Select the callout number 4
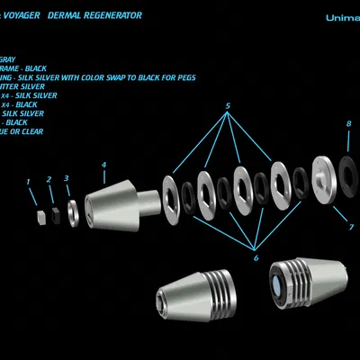104,165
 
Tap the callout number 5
228,106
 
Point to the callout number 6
256,258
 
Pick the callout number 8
349,123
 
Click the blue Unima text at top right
342,17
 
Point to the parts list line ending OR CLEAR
22,132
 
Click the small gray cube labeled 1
40,216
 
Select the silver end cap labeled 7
324,175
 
